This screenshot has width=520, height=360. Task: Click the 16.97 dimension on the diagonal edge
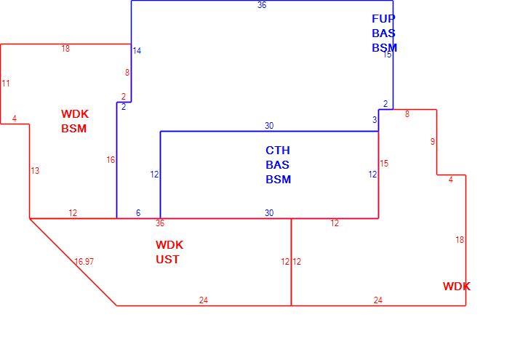tap(84, 262)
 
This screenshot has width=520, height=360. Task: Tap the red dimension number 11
tap(6, 83)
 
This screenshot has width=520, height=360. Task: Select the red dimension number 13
tap(35, 170)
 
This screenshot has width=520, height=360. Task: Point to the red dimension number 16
tap(111, 160)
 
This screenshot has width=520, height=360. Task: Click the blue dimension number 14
tap(137, 51)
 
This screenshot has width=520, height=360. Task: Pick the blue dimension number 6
tap(138, 213)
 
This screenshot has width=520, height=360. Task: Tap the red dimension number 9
tap(433, 142)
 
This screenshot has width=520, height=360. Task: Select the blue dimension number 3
tap(375, 120)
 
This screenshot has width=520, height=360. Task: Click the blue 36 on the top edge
tap(262, 5)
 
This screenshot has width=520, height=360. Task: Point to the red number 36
tap(160, 223)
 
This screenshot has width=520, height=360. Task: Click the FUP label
tap(383, 19)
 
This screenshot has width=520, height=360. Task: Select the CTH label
tap(278, 150)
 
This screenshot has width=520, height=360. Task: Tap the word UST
tap(167, 259)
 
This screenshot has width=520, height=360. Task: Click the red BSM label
tap(74, 128)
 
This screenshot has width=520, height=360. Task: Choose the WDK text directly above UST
tap(169, 245)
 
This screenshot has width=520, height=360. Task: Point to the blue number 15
tap(388, 55)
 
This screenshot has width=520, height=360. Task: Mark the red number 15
tap(384, 164)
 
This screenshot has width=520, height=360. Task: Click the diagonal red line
tap(73, 263)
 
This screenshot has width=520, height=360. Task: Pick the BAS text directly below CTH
tap(277, 165)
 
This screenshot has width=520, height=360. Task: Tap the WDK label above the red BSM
tap(75, 113)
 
